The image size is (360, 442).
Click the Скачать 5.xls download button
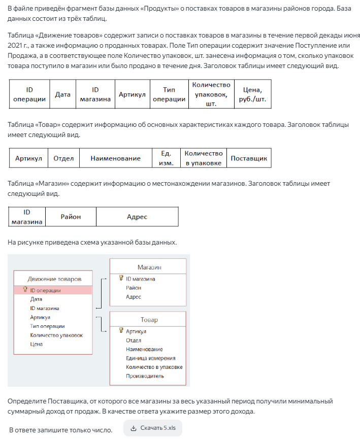click(x=153, y=428)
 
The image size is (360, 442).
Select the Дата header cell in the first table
click(x=62, y=94)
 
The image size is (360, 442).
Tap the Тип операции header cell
click(x=169, y=94)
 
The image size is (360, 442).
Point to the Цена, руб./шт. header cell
click(x=252, y=94)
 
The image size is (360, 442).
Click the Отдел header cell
click(x=63, y=158)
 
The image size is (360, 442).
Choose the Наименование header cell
click(x=115, y=158)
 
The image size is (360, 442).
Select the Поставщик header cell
click(x=249, y=158)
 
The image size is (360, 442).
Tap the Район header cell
click(x=71, y=217)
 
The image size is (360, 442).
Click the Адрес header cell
click(x=137, y=217)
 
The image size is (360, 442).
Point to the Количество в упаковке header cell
click(x=203, y=158)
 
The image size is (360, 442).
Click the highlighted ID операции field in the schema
click(x=45, y=291)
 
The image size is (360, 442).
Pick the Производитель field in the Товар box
click(x=145, y=376)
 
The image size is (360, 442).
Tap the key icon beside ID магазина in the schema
click(x=121, y=278)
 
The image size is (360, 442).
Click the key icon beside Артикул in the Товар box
click(x=121, y=331)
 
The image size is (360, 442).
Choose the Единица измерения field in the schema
click(x=150, y=358)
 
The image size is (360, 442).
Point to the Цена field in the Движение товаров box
click(x=37, y=344)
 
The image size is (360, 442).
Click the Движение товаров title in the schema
click(x=54, y=279)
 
